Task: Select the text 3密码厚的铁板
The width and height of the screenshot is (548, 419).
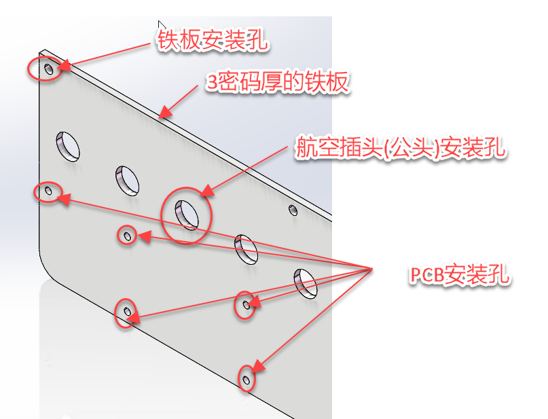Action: pyautogui.click(x=278, y=83)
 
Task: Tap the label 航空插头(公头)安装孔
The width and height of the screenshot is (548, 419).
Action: pyautogui.click(x=401, y=148)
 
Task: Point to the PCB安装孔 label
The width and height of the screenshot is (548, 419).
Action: pyautogui.click(x=460, y=275)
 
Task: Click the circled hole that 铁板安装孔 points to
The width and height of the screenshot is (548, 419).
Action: pyautogui.click(x=48, y=69)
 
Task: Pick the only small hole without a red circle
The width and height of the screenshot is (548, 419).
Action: pyautogui.click(x=293, y=210)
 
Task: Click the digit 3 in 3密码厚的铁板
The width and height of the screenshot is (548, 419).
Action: pyautogui.click(x=213, y=84)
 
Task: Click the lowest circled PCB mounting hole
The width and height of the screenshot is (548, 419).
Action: pyautogui.click(x=246, y=378)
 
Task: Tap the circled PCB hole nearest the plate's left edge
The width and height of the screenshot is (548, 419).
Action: pyautogui.click(x=48, y=192)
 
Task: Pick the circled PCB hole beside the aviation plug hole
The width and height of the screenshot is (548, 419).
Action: pyautogui.click(x=126, y=235)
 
